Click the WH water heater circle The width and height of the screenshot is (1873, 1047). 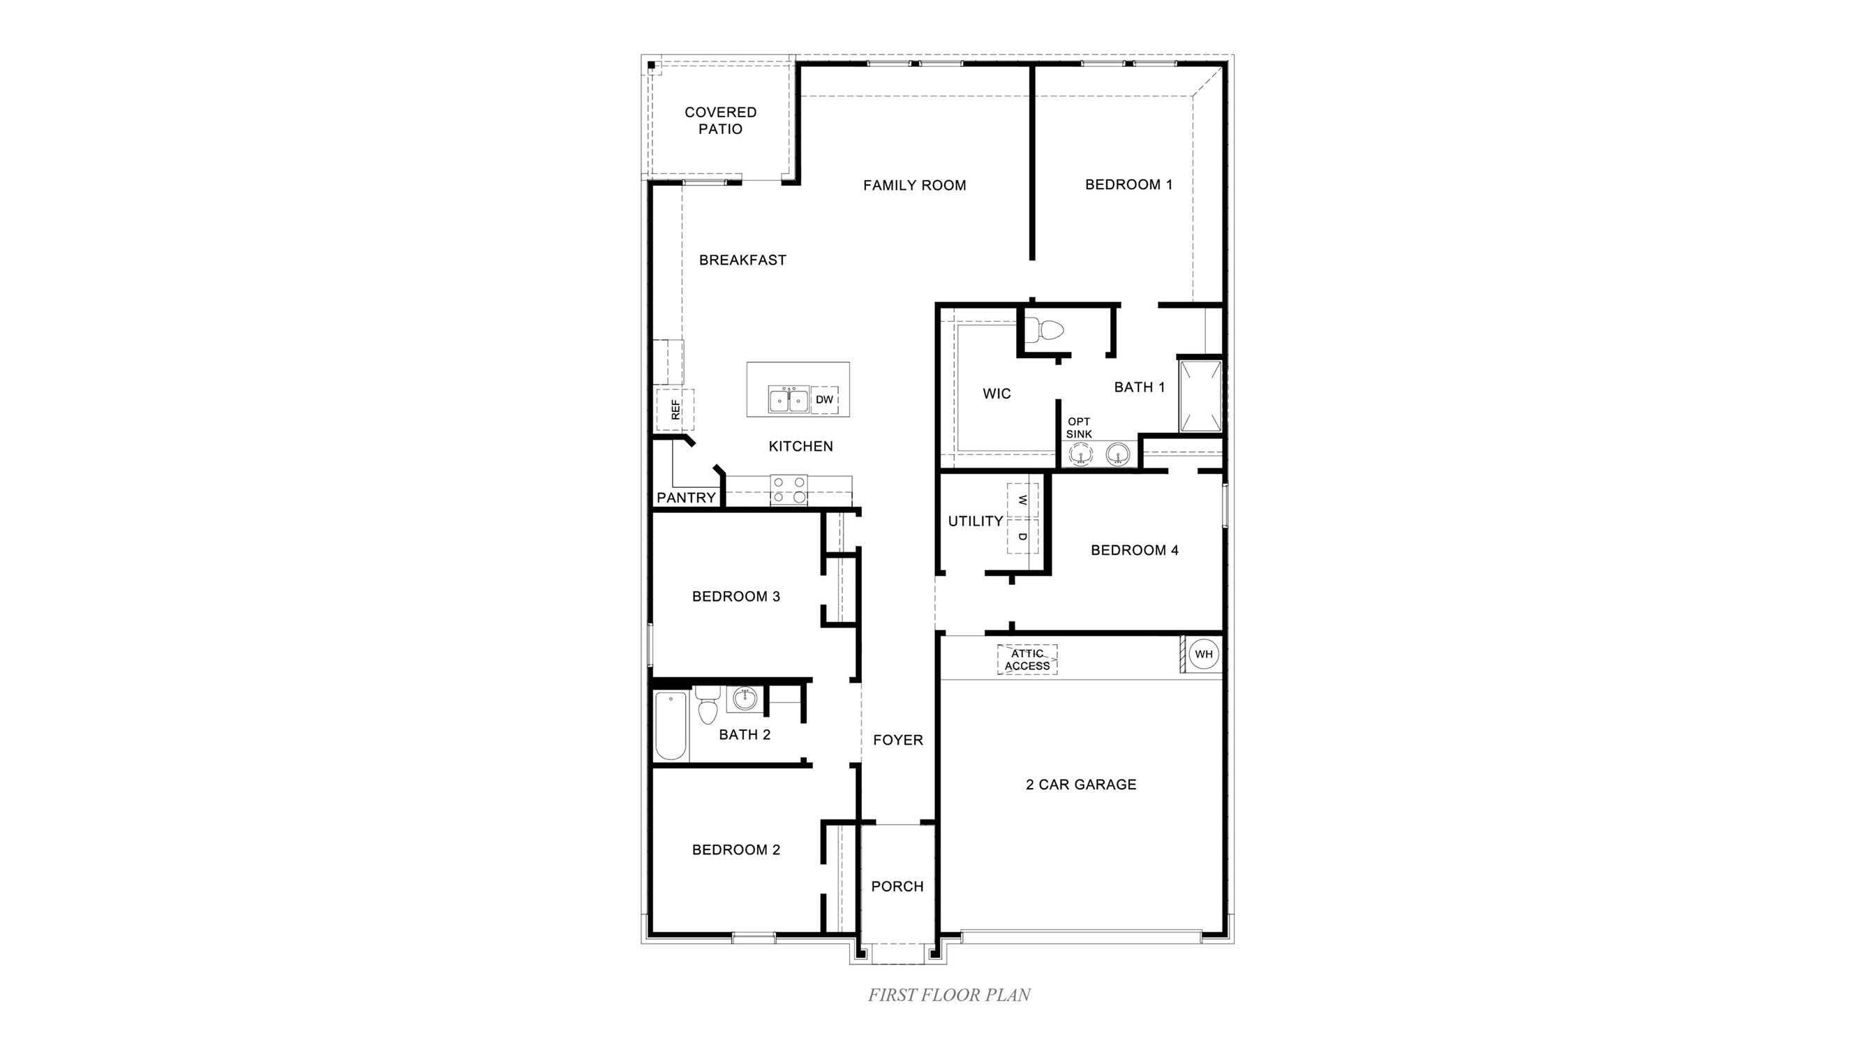(x=1203, y=653)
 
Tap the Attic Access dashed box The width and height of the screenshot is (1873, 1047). (x=1027, y=660)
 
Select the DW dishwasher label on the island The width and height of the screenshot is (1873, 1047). (x=824, y=400)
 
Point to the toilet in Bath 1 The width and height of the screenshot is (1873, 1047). (x=1047, y=332)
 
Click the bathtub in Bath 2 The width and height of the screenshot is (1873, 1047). (x=671, y=725)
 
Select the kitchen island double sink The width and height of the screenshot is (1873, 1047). (x=788, y=400)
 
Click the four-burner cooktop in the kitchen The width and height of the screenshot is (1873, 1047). (x=789, y=489)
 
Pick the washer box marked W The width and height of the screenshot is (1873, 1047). (x=1022, y=500)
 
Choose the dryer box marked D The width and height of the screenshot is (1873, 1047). (x=1022, y=537)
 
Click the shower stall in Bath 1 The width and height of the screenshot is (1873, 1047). (x=1200, y=396)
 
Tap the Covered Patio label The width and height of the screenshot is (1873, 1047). (x=721, y=121)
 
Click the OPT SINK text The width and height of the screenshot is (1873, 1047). (x=1079, y=427)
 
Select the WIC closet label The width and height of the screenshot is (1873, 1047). (x=996, y=394)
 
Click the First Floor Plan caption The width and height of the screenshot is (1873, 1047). (x=949, y=995)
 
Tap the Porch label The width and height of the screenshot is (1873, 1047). (x=897, y=886)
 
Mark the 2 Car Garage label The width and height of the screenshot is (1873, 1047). (x=1080, y=785)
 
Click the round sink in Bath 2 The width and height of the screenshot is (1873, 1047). (x=744, y=699)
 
